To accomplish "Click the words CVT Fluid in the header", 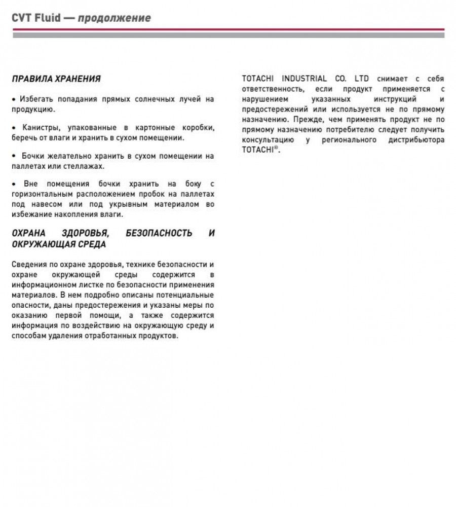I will point(36,18).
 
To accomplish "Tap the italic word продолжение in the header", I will point(114,18).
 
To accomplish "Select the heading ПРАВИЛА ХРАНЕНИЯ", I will point(56,79).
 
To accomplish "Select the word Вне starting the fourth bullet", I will point(31,184).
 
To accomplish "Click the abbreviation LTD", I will point(361,79).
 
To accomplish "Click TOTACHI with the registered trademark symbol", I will point(260,151).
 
